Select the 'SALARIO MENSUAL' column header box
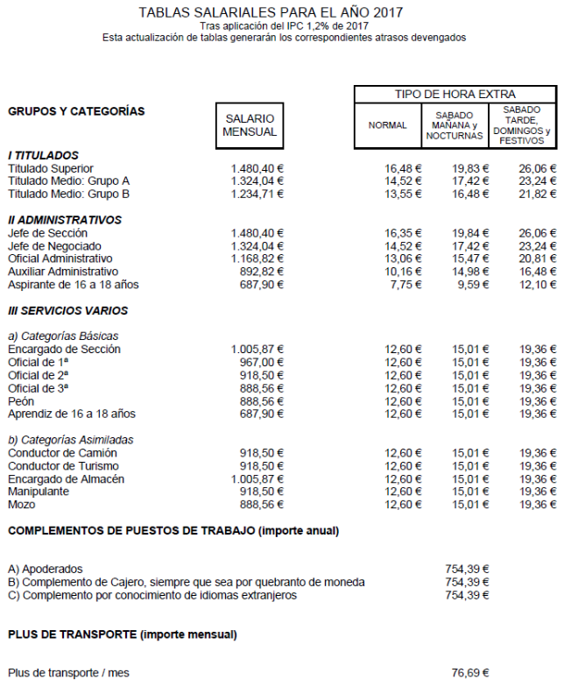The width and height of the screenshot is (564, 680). click(x=250, y=125)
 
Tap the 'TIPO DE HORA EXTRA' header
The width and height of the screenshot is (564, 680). click(x=455, y=94)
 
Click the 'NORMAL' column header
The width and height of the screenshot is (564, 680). click(x=387, y=125)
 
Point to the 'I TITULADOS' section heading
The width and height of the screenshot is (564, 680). click(x=43, y=155)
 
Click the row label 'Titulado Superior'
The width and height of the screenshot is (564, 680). click(x=51, y=168)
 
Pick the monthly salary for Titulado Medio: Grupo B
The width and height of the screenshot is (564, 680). click(x=257, y=194)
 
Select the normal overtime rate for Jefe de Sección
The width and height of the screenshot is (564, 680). click(x=403, y=233)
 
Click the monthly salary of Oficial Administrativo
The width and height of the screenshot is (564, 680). click(x=257, y=259)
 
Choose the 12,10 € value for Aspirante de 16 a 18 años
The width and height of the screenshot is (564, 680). click(x=538, y=285)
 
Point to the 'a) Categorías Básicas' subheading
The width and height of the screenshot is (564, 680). click(x=63, y=336)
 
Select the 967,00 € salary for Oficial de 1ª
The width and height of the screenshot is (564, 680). click(x=262, y=362)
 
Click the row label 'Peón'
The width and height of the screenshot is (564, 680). click(x=22, y=400)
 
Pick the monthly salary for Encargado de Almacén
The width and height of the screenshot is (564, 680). click(x=257, y=479)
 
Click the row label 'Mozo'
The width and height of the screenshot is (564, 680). click(x=22, y=505)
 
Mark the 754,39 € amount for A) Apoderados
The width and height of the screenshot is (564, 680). click(x=467, y=569)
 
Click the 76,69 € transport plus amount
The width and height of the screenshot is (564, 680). click(x=469, y=673)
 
